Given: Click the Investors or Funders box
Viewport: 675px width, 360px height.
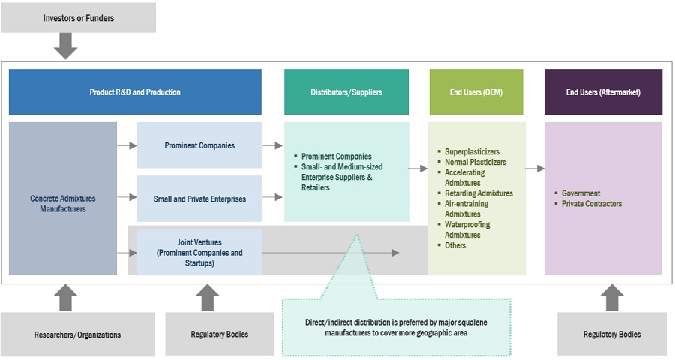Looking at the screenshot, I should pos(79,18).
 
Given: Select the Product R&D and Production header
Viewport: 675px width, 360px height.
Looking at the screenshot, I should pos(135,92).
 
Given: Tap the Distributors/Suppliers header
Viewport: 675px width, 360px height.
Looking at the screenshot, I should pos(346,92).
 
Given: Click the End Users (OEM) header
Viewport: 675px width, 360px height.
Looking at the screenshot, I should pos(476,92).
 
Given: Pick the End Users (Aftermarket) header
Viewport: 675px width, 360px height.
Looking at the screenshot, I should pos(603,92).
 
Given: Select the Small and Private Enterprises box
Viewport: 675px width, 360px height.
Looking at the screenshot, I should pos(199,199).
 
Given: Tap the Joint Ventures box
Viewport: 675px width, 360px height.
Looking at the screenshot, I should pos(199,253).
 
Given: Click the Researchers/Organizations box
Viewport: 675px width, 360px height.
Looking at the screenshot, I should pos(78,334).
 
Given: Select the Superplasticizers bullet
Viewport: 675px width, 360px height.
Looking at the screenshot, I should pos(470,151).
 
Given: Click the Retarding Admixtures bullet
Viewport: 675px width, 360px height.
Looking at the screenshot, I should pos(478,193).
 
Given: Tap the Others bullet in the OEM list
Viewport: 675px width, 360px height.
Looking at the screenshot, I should pos(455,245).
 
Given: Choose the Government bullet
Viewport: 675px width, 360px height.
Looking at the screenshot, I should pos(581,193).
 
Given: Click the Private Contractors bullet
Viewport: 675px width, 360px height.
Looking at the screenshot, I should pos(592,204).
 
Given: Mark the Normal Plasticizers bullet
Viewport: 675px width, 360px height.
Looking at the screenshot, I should pos(475,162).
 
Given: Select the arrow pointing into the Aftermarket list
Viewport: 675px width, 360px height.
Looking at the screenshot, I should pos(535,169).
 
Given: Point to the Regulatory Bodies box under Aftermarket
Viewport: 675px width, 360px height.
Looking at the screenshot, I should pos(611,334).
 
